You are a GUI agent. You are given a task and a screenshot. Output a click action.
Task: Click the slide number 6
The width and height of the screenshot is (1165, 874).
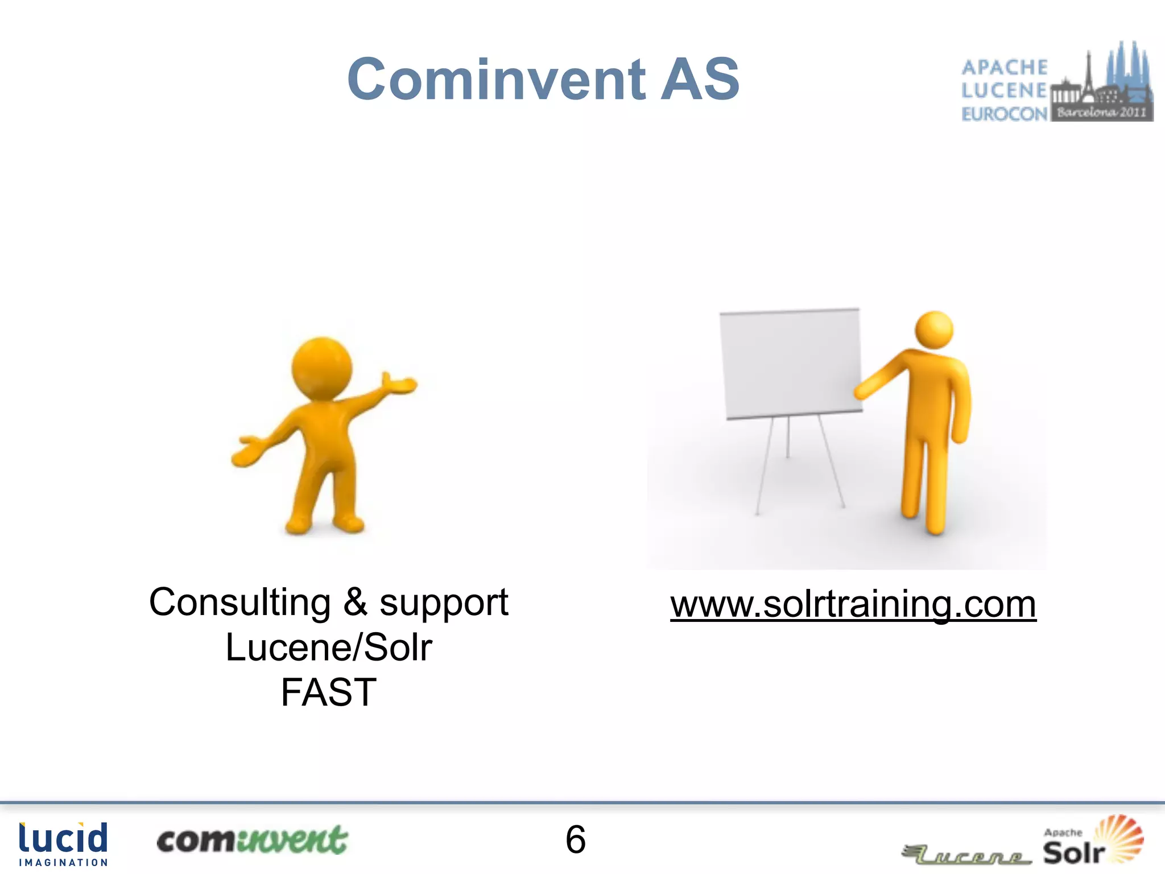tap(575, 839)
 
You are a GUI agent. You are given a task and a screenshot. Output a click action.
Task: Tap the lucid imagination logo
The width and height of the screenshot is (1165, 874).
tap(63, 844)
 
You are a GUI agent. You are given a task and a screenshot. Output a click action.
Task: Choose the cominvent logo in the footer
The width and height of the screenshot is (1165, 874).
tap(251, 840)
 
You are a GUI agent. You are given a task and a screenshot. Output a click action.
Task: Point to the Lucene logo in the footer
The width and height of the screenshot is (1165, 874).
tap(967, 855)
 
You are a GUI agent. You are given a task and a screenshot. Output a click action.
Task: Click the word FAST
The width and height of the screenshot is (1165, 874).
tap(328, 692)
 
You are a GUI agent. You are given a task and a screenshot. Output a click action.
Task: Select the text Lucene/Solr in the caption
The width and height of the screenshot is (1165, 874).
tap(329, 648)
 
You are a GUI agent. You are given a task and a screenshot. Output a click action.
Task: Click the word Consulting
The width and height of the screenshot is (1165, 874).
tap(239, 602)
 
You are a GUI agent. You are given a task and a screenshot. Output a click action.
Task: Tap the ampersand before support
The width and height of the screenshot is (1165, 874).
tap(356, 602)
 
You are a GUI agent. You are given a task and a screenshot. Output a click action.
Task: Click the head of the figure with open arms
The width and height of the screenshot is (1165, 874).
tap(321, 367)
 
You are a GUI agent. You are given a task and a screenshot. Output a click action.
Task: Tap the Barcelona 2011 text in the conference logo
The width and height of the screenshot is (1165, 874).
tap(1101, 112)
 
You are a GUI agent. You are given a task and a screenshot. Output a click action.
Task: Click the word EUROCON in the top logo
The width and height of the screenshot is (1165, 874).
tap(1004, 114)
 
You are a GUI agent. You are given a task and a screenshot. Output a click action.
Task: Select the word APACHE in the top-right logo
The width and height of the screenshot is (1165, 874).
tap(1004, 67)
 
